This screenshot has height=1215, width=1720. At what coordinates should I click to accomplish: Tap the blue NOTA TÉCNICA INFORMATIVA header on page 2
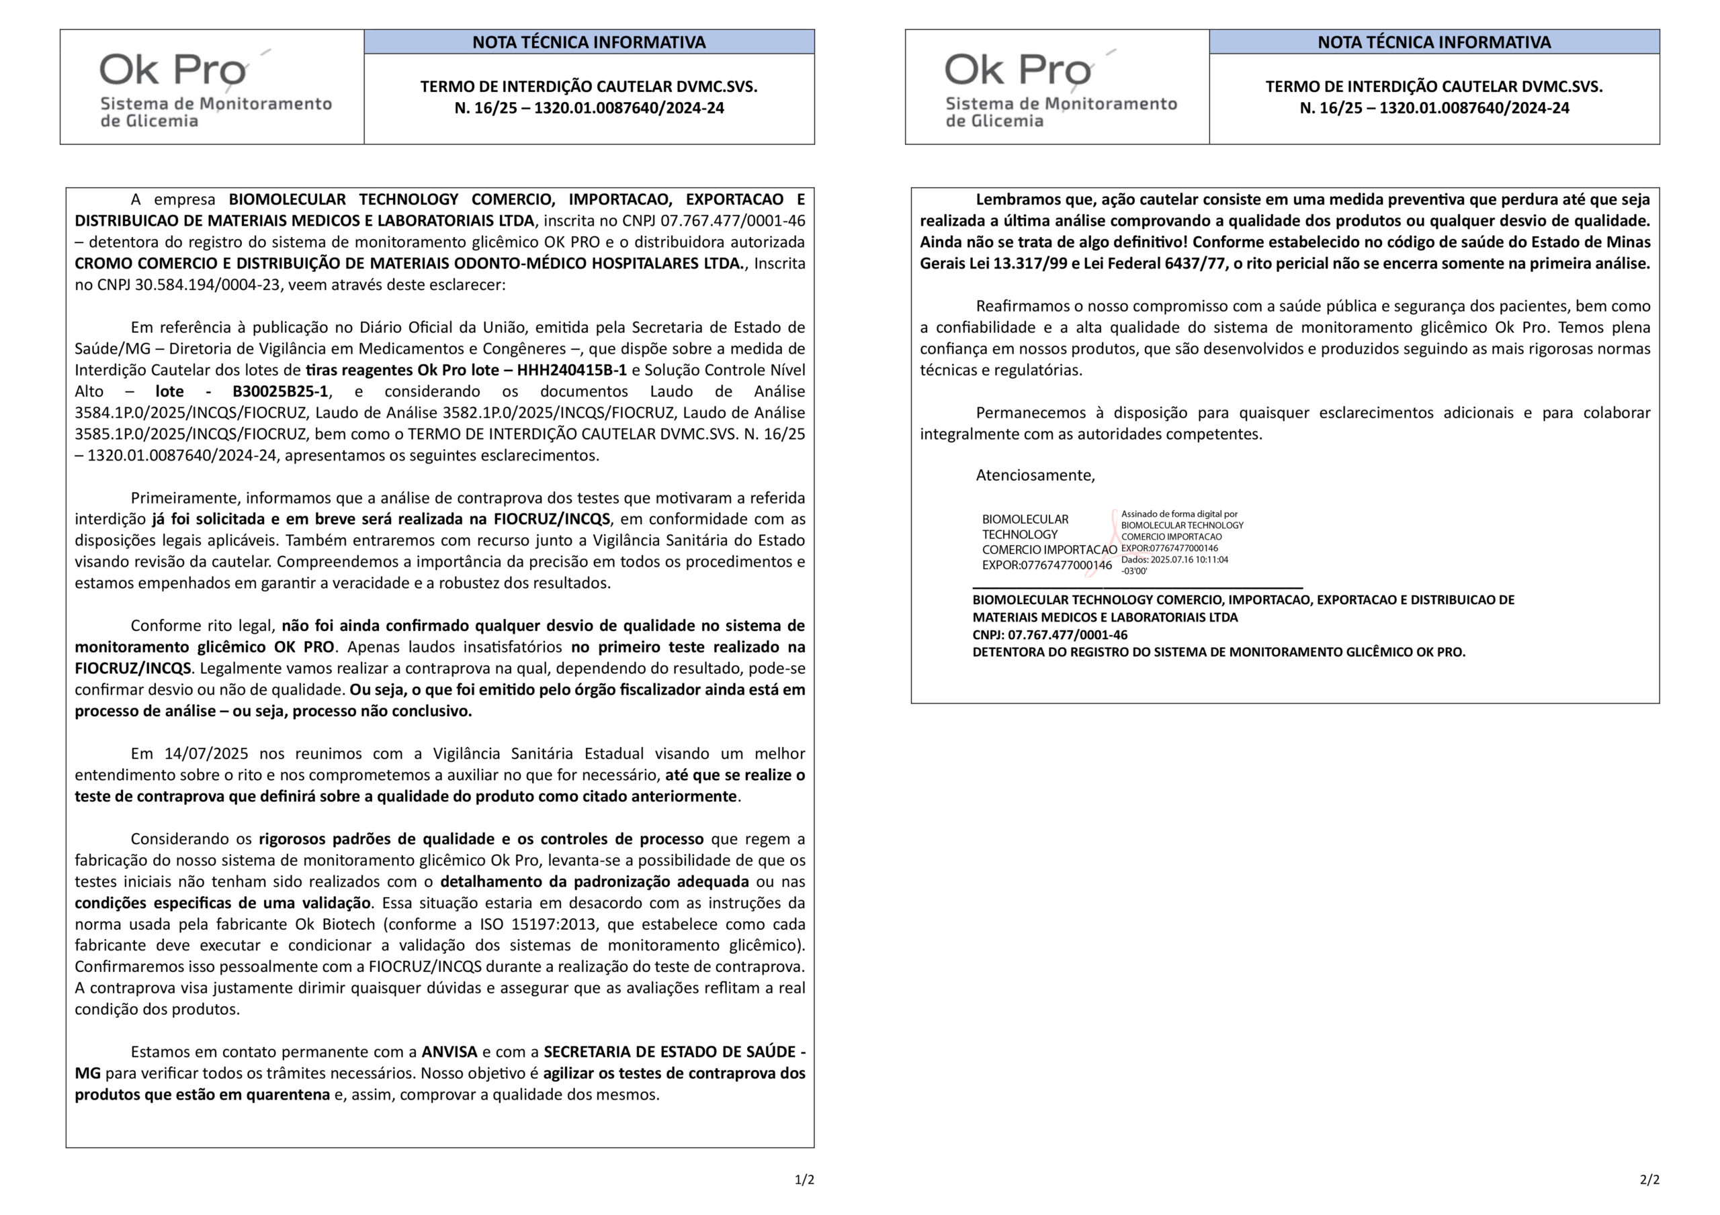(x=1433, y=42)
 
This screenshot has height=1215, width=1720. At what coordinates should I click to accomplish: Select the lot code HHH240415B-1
(x=572, y=370)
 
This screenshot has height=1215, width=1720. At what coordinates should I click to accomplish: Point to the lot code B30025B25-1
(x=280, y=391)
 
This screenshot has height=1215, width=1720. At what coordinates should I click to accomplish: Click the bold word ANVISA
(x=449, y=1051)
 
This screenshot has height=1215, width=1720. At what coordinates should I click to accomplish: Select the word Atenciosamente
(x=1035, y=475)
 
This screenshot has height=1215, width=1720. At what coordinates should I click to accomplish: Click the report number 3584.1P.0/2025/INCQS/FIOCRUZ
(x=191, y=412)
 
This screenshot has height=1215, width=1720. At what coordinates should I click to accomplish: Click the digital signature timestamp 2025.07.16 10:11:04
(x=1190, y=559)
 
